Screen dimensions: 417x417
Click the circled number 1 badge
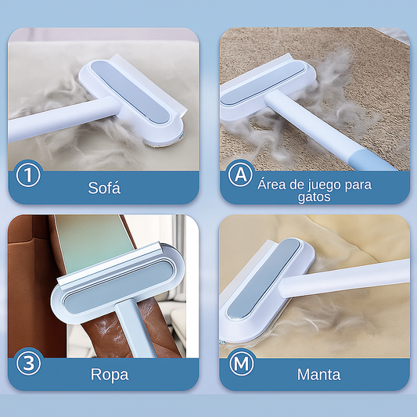coord(28,175)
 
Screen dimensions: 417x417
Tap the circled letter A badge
coord(240,174)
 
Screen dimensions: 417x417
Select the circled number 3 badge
coord(28,363)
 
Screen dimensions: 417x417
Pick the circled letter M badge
coord(241,363)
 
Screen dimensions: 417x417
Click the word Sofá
coord(104,188)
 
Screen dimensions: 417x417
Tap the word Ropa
coord(110,375)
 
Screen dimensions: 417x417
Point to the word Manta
coord(319,375)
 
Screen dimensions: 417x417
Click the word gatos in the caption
coord(314,197)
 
